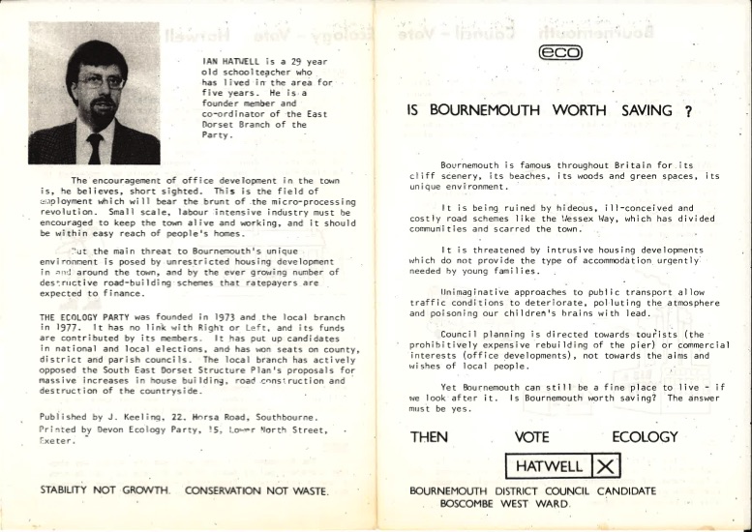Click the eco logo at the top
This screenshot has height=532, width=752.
(x=564, y=55)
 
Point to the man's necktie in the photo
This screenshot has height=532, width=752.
(x=95, y=148)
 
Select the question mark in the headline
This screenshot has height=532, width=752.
(x=688, y=112)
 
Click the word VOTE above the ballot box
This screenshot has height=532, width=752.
(x=532, y=437)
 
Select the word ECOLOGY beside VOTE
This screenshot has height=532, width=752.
(x=651, y=437)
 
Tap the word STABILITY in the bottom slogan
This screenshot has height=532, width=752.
(x=70, y=490)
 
